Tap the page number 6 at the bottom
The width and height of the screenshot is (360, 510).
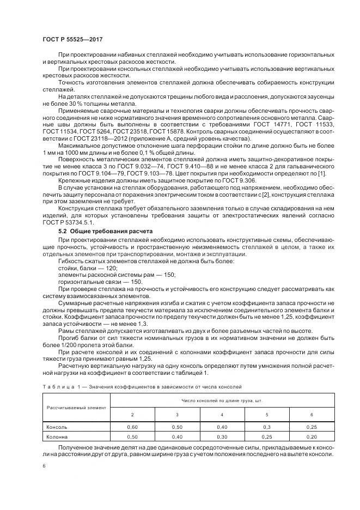[44, 466]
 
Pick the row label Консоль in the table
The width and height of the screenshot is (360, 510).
[57, 427]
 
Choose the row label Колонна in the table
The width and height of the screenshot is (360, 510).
[57, 436]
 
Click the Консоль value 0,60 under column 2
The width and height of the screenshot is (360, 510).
[132, 427]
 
